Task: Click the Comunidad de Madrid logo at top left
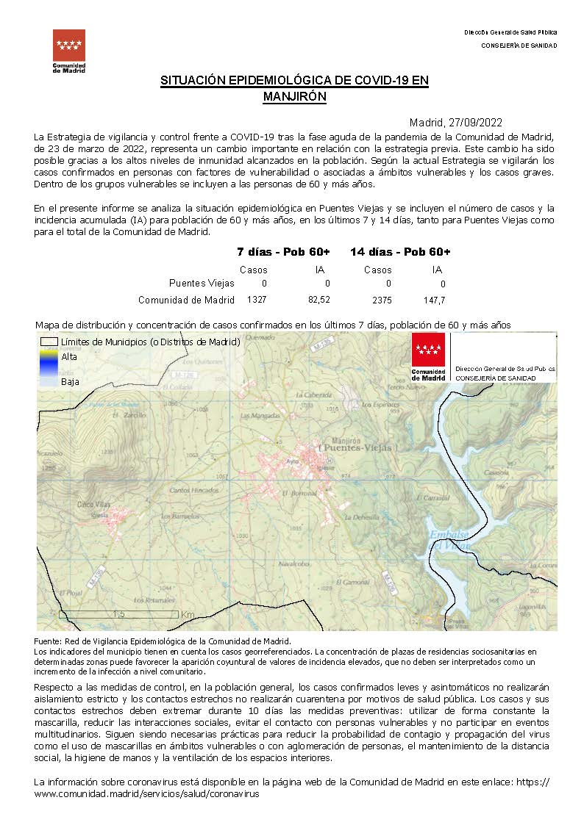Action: [69, 50]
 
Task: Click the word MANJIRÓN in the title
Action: [294, 96]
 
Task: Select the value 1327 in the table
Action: [257, 300]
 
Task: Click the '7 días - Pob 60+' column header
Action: [283, 252]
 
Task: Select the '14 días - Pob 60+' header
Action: [400, 252]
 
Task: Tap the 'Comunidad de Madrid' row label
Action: [186, 300]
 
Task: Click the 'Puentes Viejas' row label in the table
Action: [202, 283]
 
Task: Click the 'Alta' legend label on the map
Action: [69, 356]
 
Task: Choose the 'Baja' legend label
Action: [70, 382]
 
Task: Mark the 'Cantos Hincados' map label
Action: [191, 490]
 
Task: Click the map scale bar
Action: [118, 614]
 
